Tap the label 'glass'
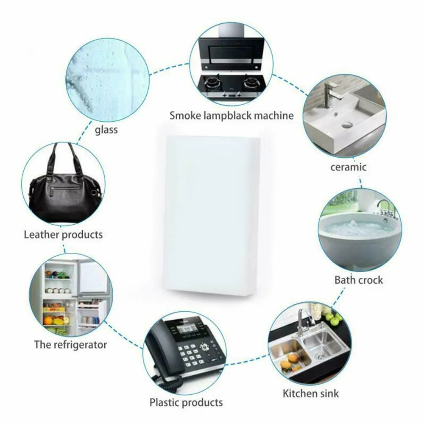coord(106,129)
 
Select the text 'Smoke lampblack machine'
coord(232,115)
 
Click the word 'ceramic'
coord(348,167)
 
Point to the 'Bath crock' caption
coord(358,280)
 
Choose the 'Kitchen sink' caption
coord(311,393)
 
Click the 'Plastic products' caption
coord(186,402)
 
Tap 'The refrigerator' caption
coord(70,344)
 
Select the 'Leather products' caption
coord(63,234)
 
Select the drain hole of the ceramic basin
coord(347,125)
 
